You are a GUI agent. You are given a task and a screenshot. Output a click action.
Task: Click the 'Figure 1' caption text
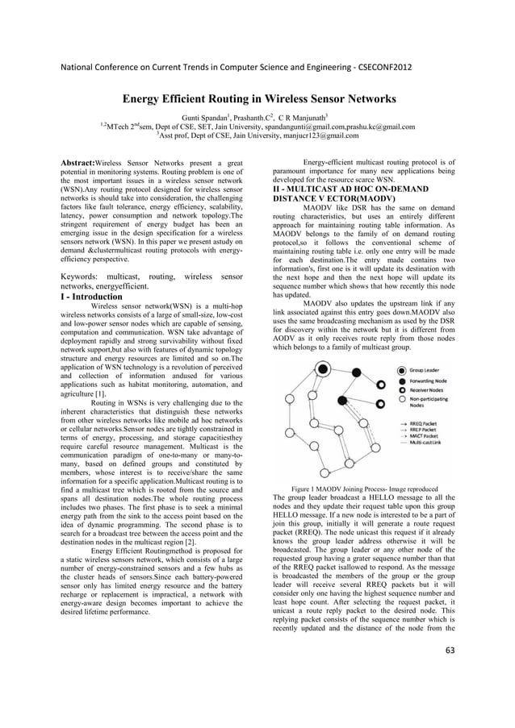pyautogui.click(x=303, y=489)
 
